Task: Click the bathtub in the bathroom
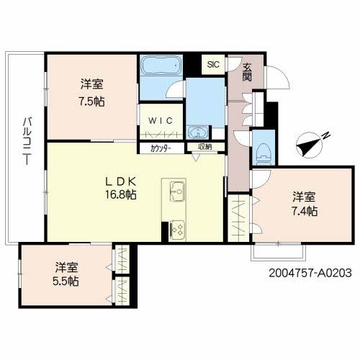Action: pyautogui.click(x=161, y=65)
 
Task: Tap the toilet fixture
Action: pyautogui.click(x=264, y=154)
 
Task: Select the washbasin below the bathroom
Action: pyautogui.click(x=198, y=132)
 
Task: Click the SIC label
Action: pyautogui.click(x=213, y=65)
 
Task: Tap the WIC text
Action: pyautogui.click(x=161, y=120)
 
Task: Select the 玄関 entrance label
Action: pyautogui.click(x=247, y=72)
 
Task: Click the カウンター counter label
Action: pyautogui.click(x=161, y=149)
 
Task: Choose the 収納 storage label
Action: pyautogui.click(x=205, y=147)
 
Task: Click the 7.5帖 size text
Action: pyautogui.click(x=92, y=102)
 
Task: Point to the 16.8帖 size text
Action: pyautogui.click(x=121, y=194)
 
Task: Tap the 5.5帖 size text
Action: pyautogui.click(x=66, y=281)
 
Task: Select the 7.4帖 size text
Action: pyautogui.click(x=304, y=211)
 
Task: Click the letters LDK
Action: pyautogui.click(x=121, y=181)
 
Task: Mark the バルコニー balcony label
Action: pyautogui.click(x=27, y=141)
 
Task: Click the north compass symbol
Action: pyautogui.click(x=309, y=145)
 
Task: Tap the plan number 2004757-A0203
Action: pyautogui.click(x=310, y=273)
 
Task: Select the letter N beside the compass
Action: pyautogui.click(x=326, y=135)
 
